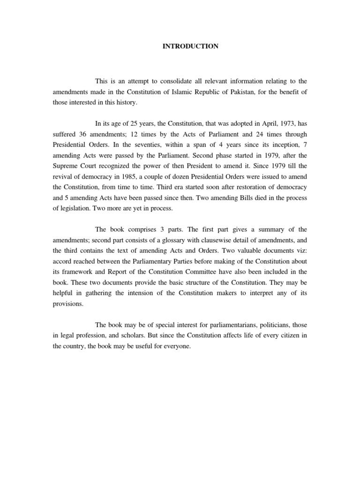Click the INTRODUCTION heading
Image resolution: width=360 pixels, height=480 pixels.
coord(190,46)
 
